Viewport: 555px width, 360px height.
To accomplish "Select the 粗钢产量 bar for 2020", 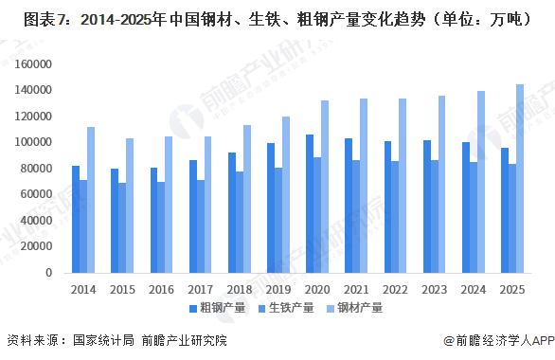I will click(x=310, y=204).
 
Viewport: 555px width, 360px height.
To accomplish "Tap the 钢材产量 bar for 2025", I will click(x=519, y=179).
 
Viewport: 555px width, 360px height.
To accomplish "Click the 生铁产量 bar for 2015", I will click(x=122, y=227).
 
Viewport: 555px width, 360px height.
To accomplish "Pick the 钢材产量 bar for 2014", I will click(x=91, y=200).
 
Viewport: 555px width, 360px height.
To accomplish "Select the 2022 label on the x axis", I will click(x=395, y=288).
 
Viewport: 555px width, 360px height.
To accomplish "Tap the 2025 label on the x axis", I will click(x=511, y=288).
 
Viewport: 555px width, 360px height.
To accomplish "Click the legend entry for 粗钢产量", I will click(x=217, y=308).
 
